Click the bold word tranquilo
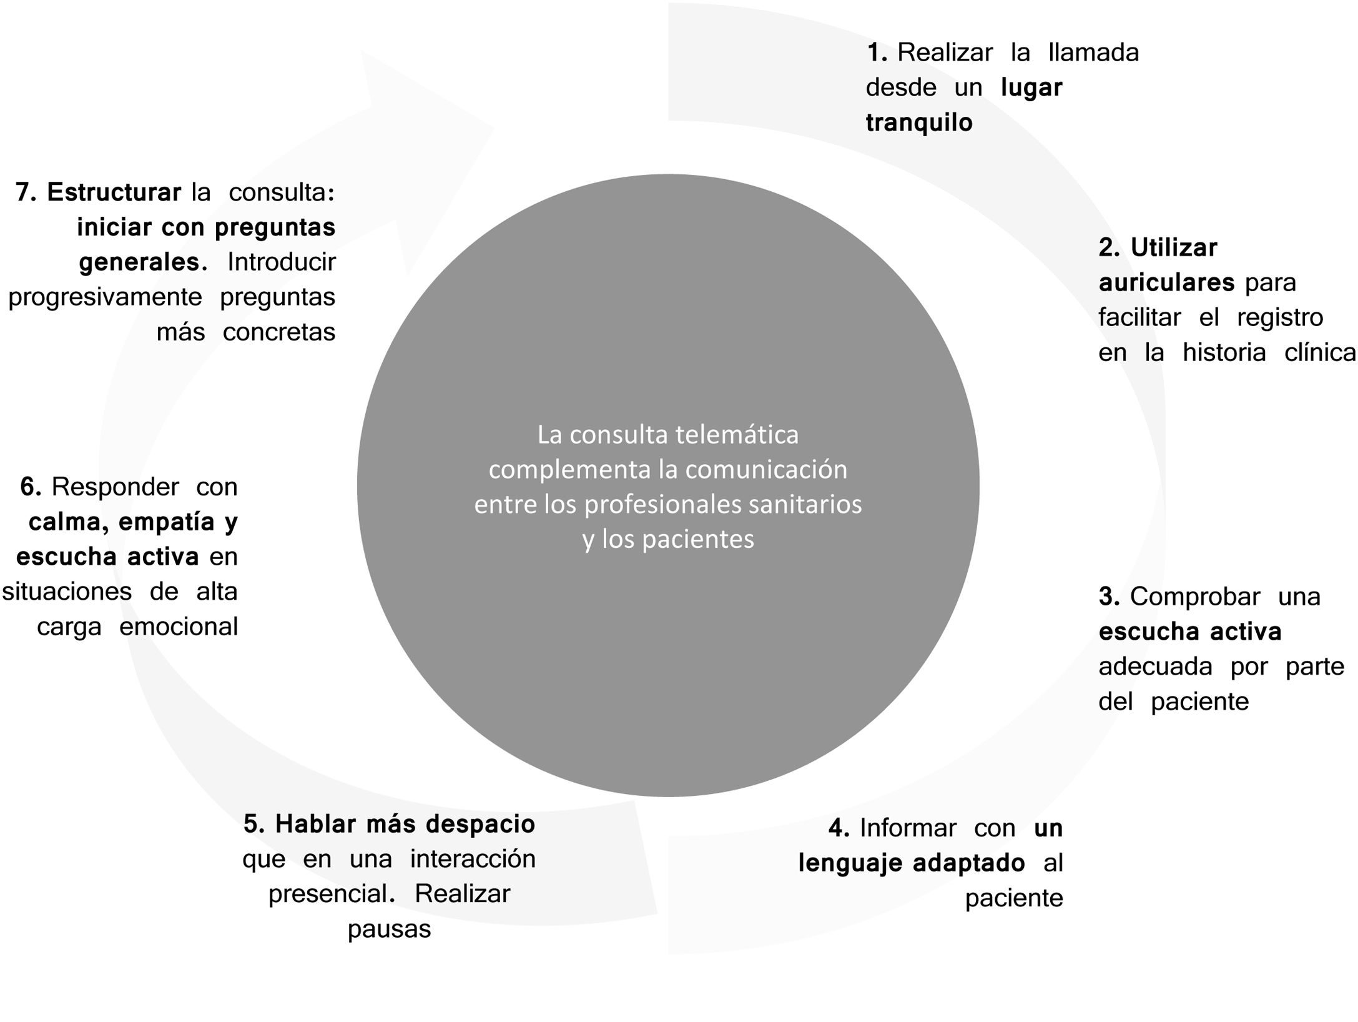tap(919, 123)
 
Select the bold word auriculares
tap(1166, 283)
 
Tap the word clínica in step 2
tap(1320, 353)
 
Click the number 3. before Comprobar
tap(1109, 597)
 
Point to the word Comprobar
tap(1194, 597)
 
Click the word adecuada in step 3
tap(1154, 667)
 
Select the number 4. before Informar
tap(839, 828)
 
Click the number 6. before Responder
tap(31, 487)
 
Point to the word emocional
tap(179, 627)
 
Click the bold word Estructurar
tap(114, 192)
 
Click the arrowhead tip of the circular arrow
tap(493, 128)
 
